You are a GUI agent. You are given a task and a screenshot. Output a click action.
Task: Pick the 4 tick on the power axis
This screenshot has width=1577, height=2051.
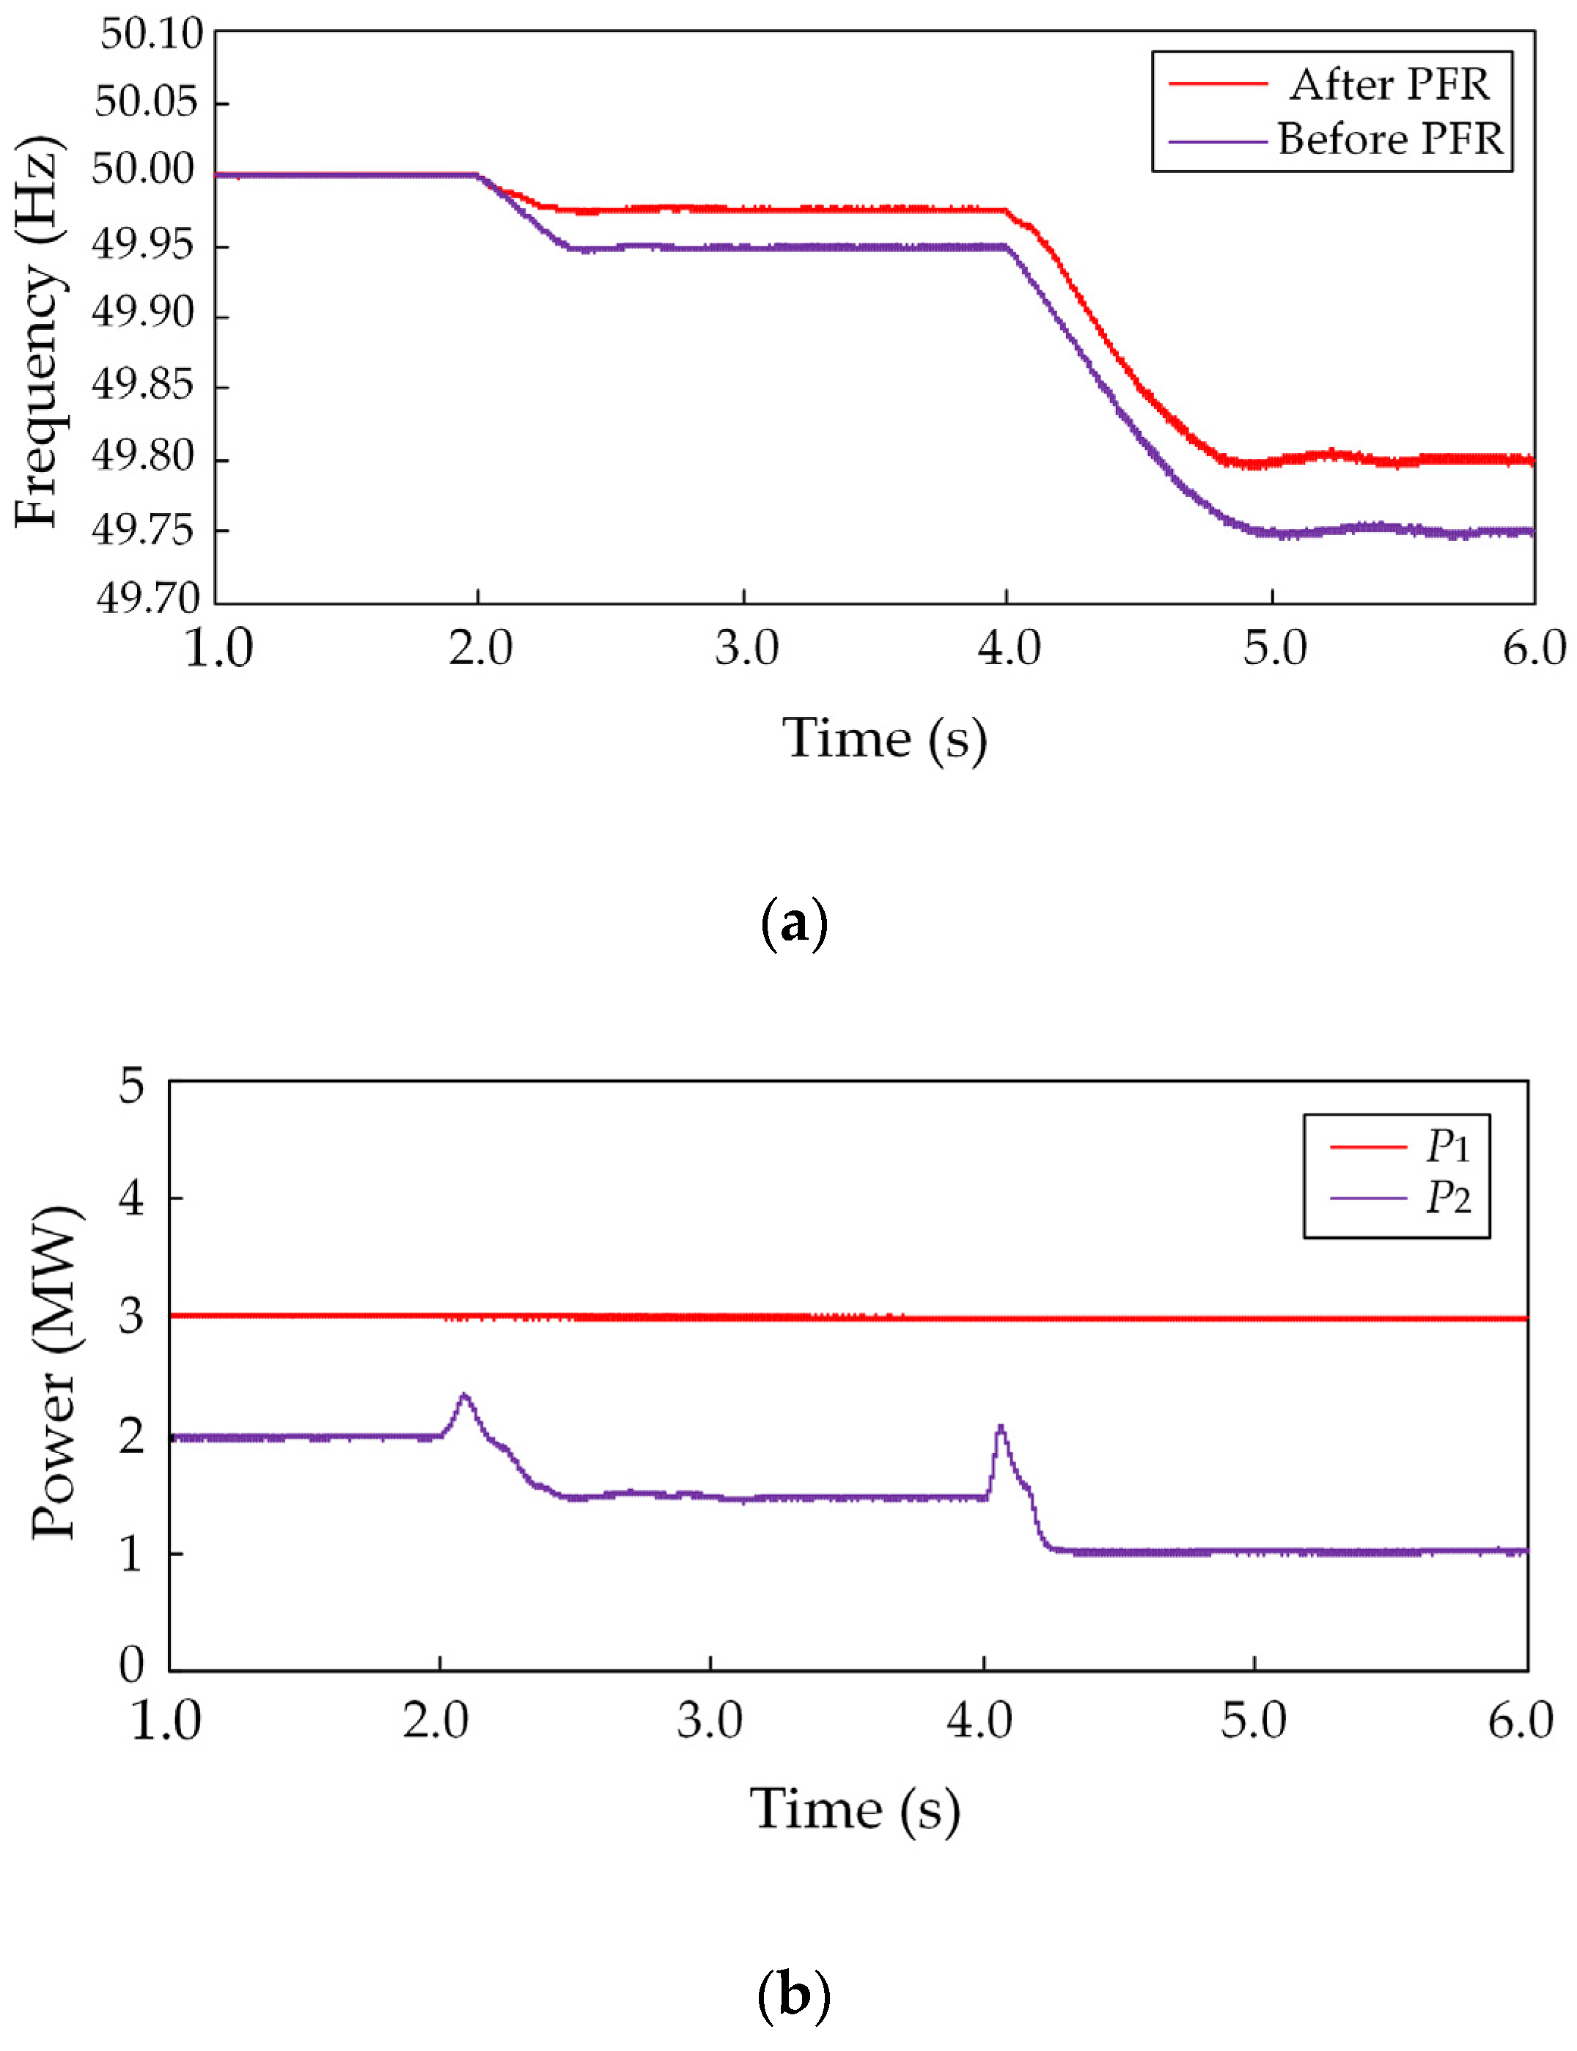coord(131,1198)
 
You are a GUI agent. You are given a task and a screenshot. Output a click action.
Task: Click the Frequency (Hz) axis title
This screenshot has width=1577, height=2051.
coord(40,334)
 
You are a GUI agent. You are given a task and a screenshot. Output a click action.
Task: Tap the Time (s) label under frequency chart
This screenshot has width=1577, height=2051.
coord(884,739)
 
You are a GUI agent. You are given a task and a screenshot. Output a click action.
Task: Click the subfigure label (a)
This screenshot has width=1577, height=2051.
coord(793,924)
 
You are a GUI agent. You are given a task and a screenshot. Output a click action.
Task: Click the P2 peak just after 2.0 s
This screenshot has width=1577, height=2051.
coord(463,1396)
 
